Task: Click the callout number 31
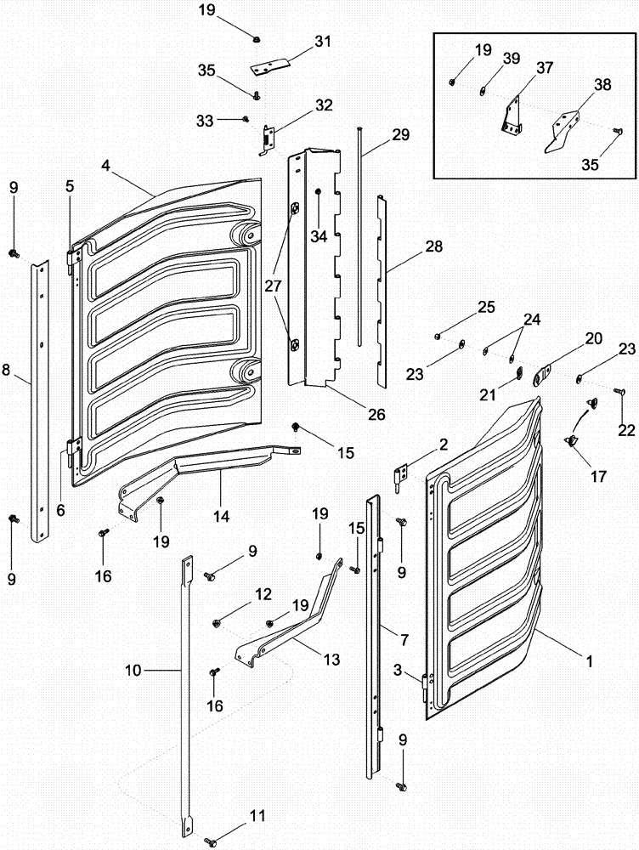[x=299, y=41]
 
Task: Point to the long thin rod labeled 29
[x=361, y=238]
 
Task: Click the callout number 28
[x=433, y=247]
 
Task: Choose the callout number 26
[x=376, y=415]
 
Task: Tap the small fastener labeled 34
[x=316, y=193]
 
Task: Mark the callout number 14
[x=221, y=515]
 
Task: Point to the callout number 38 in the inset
[x=602, y=85]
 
